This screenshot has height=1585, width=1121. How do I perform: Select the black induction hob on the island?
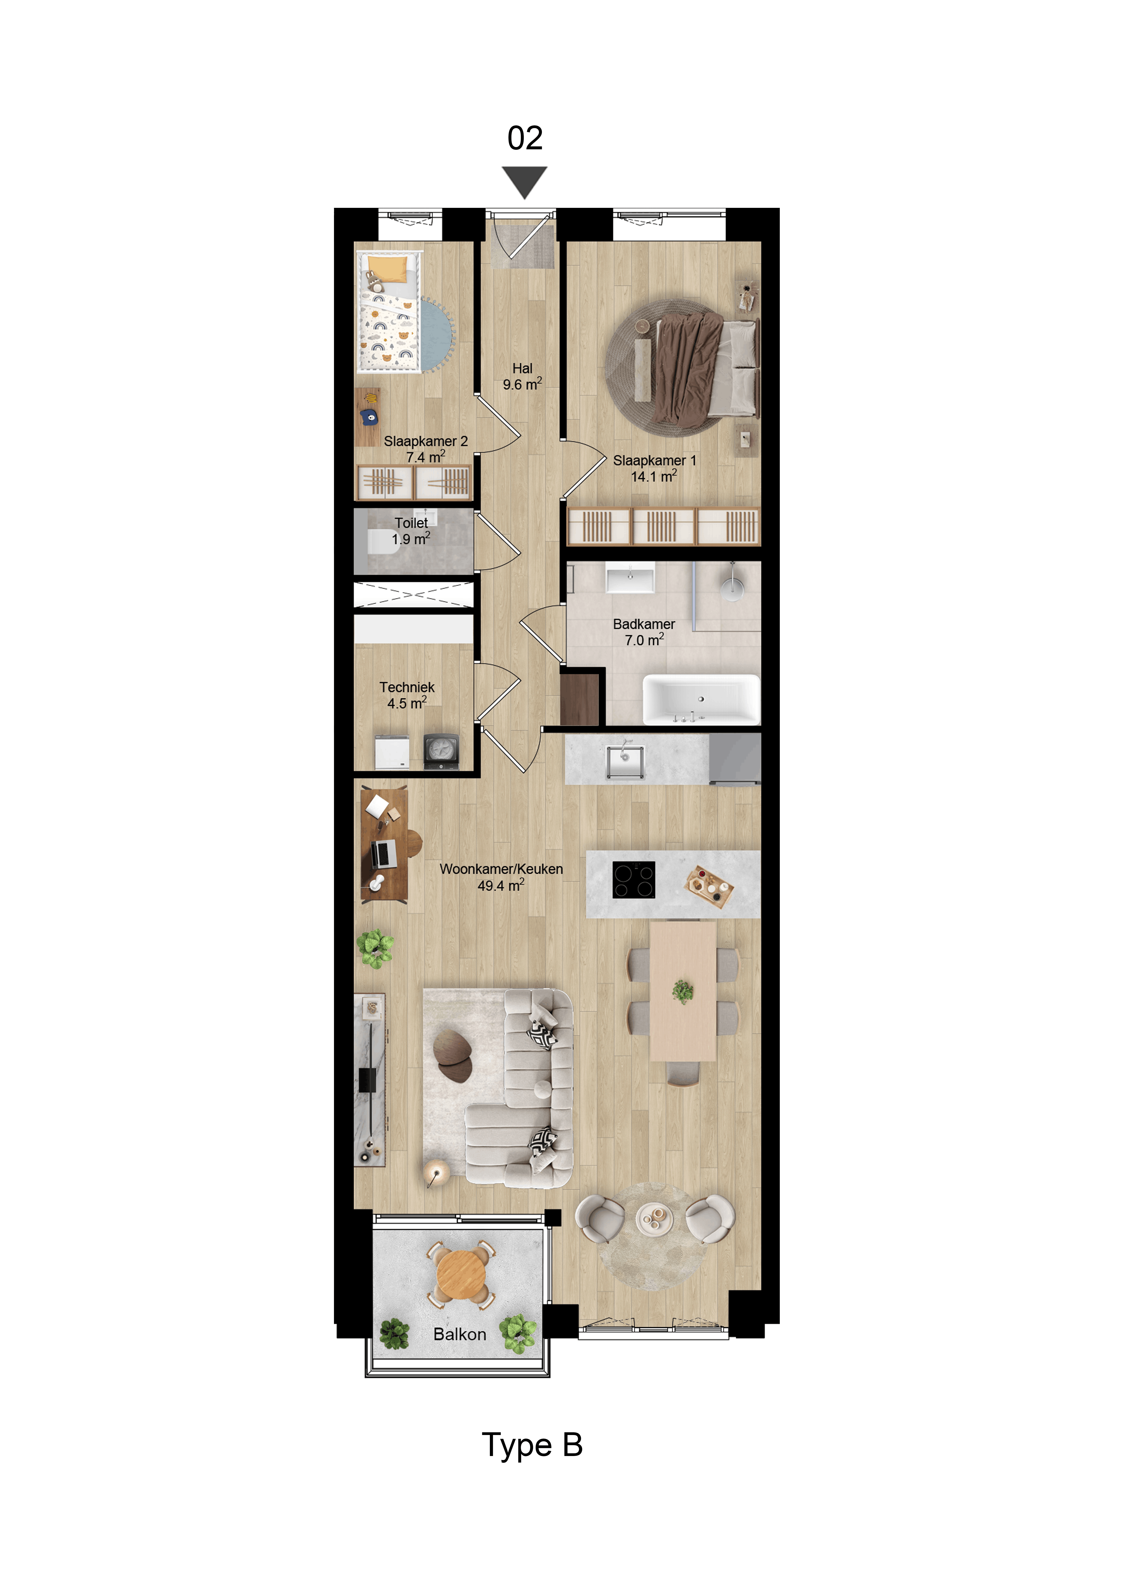[x=633, y=880]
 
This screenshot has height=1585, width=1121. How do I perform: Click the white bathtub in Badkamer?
[x=701, y=699]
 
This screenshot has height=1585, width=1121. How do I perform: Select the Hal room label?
[x=522, y=376]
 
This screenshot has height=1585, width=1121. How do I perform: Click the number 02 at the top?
[x=525, y=138]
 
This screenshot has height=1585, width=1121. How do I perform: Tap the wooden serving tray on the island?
[x=709, y=886]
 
